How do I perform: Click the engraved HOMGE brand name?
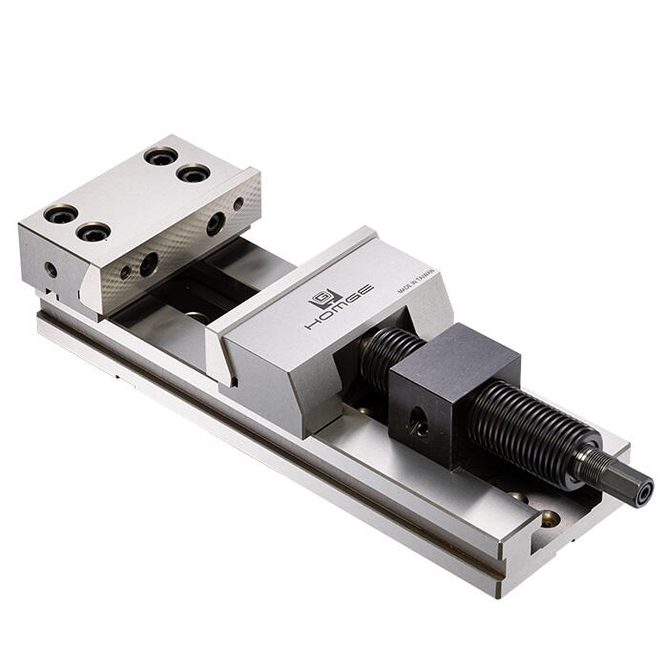pos(339,308)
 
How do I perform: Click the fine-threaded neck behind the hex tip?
pos(594,467)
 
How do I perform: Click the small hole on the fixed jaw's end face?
pos(51,270)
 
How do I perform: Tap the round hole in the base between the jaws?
pos(198,316)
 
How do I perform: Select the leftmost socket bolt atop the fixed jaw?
pos(60,214)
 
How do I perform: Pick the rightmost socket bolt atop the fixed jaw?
pos(194,174)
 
